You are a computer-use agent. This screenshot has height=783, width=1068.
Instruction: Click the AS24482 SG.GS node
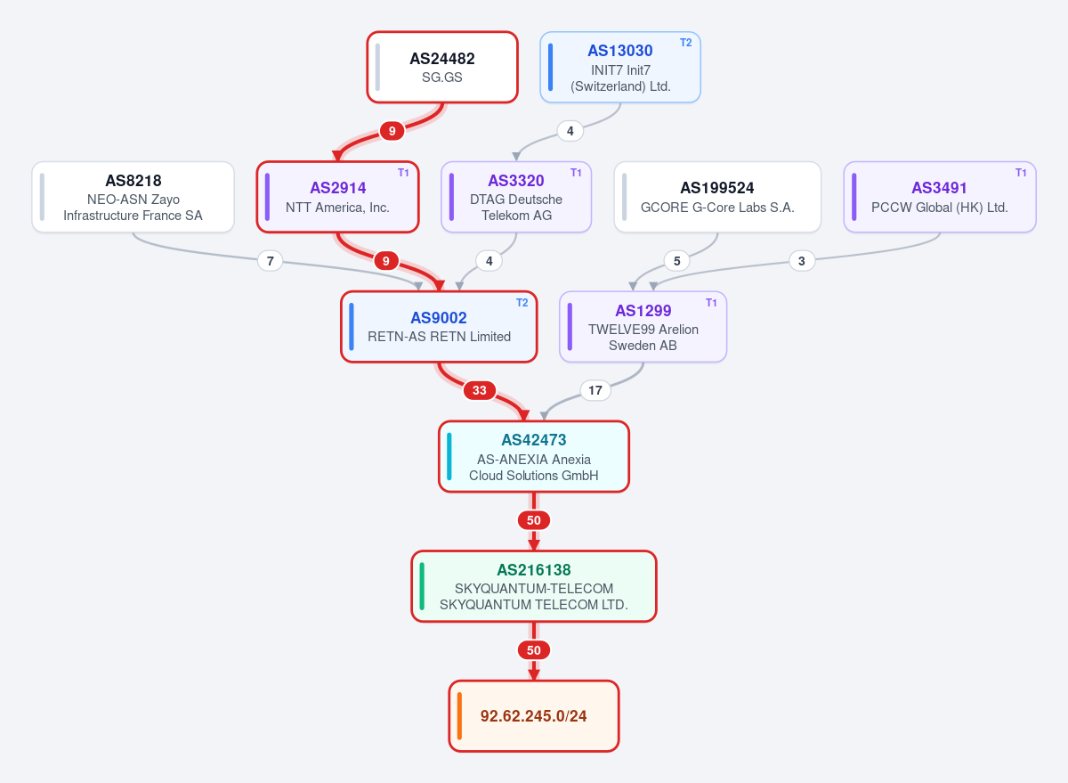point(442,68)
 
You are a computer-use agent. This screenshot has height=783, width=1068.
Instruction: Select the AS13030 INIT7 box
point(619,68)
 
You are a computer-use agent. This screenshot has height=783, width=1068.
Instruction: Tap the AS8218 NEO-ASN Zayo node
point(133,197)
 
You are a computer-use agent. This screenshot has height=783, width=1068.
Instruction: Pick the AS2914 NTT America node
point(337,197)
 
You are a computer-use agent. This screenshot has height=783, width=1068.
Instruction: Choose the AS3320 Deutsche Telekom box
point(516,197)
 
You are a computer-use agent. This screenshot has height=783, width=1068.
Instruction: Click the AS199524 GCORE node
point(717,197)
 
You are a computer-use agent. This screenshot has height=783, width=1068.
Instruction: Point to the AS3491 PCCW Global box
point(939,197)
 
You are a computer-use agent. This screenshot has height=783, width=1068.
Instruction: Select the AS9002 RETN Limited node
point(439,327)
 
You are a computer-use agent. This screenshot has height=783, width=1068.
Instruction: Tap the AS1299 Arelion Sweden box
point(643,327)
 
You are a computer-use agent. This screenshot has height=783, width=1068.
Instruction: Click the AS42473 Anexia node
point(533,457)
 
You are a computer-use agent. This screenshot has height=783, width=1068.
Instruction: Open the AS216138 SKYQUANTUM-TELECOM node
point(533,586)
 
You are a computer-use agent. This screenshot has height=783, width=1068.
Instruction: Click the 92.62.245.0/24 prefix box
point(533,716)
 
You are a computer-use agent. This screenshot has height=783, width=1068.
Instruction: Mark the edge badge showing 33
point(479,390)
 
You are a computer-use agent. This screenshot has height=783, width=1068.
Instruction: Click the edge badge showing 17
point(595,390)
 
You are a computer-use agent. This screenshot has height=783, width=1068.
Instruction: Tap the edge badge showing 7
point(270,261)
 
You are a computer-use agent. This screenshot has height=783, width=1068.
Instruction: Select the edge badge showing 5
point(676,261)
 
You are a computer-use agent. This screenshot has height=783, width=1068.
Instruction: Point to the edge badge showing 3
point(802,261)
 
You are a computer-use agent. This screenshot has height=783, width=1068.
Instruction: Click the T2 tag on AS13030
point(685,43)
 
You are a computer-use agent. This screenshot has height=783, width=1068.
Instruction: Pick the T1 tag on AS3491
point(1020,173)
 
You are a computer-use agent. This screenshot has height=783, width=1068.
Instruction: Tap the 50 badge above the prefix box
point(533,650)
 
